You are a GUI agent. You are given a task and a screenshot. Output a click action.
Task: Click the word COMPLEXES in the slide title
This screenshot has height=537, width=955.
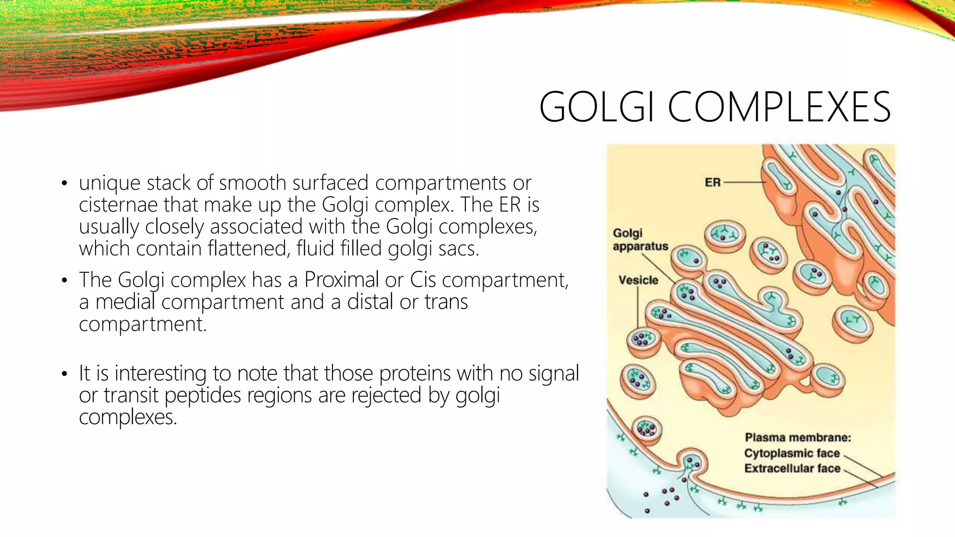click(x=780, y=107)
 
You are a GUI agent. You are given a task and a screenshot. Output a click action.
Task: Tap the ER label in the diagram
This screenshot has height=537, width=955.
click(x=713, y=182)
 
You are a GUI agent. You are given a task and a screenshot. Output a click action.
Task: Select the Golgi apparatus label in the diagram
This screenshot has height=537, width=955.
click(x=640, y=240)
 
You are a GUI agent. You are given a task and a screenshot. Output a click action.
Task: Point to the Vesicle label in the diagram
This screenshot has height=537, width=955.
click(x=638, y=280)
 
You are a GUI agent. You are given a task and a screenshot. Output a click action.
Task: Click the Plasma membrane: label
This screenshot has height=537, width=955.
click(x=798, y=438)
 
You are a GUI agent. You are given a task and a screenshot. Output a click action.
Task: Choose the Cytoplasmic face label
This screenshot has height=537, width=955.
click(x=792, y=453)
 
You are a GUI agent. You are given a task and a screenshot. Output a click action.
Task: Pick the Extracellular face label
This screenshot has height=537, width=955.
click(x=792, y=468)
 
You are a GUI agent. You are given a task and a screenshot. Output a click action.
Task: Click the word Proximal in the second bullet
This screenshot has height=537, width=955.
click(x=341, y=280)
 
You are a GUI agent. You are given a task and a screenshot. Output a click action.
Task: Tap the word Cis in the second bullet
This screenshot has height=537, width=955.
click(x=423, y=280)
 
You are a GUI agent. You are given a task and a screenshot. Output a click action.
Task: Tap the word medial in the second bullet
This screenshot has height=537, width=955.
click(x=125, y=302)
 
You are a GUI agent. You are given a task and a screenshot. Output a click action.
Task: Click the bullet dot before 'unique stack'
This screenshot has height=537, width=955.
click(x=64, y=184)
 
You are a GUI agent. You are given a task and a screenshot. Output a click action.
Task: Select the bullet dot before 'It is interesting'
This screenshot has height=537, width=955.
click(x=64, y=374)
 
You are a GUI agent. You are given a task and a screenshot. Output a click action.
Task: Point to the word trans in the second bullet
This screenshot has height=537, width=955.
click(x=446, y=302)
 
